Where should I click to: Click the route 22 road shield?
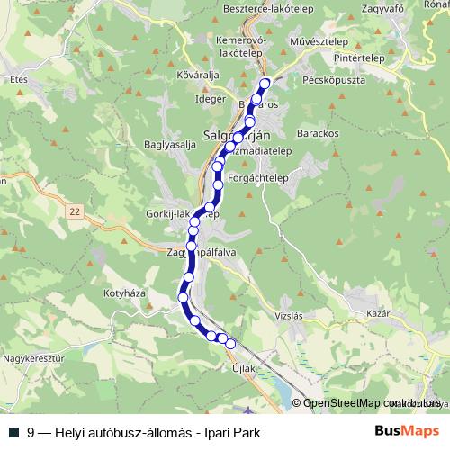(75, 210)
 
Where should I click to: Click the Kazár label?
(377, 313)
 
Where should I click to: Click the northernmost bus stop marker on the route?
(265, 85)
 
